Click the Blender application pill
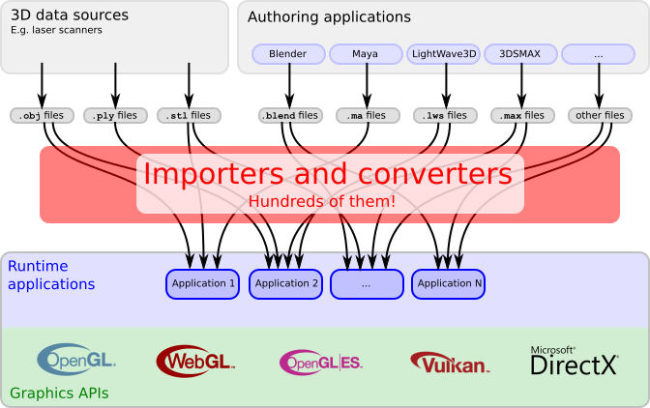point(288,54)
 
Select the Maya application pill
point(365,54)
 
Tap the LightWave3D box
point(443,54)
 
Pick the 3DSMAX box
point(520,54)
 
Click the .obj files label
point(42,116)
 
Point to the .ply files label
point(116,116)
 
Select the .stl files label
point(189,116)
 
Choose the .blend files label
point(289,116)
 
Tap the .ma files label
point(366,116)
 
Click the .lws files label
point(445,116)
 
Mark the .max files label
point(521,116)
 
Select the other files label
point(599,116)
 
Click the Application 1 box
point(203,283)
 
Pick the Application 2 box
point(285,283)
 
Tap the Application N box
point(448,283)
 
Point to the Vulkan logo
point(450,363)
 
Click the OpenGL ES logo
point(320,362)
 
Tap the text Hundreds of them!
point(321,200)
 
